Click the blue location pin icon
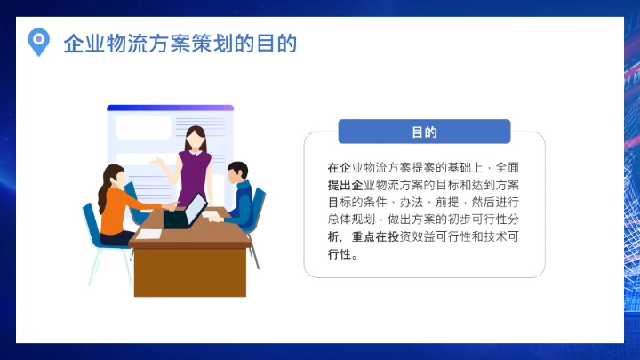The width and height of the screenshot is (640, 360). pyautogui.click(x=38, y=41)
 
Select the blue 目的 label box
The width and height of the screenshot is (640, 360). pyautogui.click(x=424, y=132)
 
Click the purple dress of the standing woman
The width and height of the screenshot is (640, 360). pyautogui.click(x=195, y=173)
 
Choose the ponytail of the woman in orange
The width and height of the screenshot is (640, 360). pyautogui.click(x=105, y=182)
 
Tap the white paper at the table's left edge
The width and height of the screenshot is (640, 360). pyautogui.click(x=150, y=235)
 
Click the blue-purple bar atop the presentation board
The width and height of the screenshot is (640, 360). pyautogui.click(x=170, y=108)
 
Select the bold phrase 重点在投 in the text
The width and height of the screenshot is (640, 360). pyautogui.click(x=375, y=236)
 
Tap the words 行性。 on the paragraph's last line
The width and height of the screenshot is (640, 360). pyautogui.click(x=342, y=254)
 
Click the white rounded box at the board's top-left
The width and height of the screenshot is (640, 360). pyautogui.click(x=143, y=127)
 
